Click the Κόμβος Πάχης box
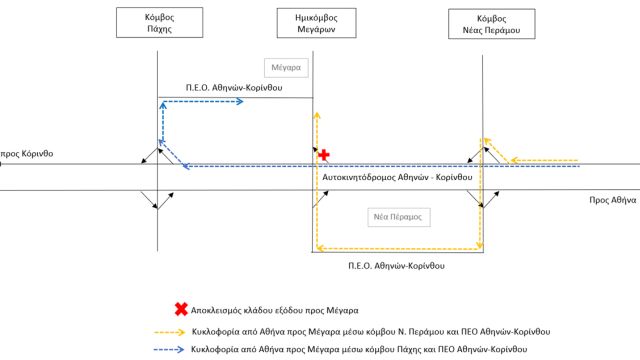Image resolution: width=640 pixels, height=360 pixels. coord(160,22)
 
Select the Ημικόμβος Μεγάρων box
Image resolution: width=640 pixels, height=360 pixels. coord(316,23)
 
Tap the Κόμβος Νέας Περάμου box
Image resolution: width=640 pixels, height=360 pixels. coord(491,24)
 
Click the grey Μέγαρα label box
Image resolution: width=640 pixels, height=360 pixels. coord(286,68)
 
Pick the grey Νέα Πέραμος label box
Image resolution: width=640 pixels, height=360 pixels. coord(399,217)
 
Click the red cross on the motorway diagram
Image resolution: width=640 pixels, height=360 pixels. coord(324,155)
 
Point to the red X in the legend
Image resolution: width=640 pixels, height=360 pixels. coord(181,309)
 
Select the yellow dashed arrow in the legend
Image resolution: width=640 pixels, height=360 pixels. coord(170,332)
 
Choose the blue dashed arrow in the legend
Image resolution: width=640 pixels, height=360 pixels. coord(169,349)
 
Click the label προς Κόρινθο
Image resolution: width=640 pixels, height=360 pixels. coord(27,154)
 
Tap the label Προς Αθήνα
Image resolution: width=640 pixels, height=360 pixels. coord(613,200)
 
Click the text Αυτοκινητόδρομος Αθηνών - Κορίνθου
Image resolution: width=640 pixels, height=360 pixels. coord(397,178)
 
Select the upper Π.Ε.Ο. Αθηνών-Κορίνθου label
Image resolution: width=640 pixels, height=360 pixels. coord(234,88)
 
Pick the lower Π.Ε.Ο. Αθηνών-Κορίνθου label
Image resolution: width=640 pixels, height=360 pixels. coord(396,266)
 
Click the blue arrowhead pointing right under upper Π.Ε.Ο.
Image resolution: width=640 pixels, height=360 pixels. coord(239,101)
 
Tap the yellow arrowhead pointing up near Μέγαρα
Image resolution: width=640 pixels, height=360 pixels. coord(316,115)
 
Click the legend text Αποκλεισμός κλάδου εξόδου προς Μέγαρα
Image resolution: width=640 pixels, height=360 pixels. coord(275,310)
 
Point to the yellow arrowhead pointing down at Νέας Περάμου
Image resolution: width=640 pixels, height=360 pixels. coord(480,245)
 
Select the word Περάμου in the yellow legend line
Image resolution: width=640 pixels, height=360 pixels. coord(427,332)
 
